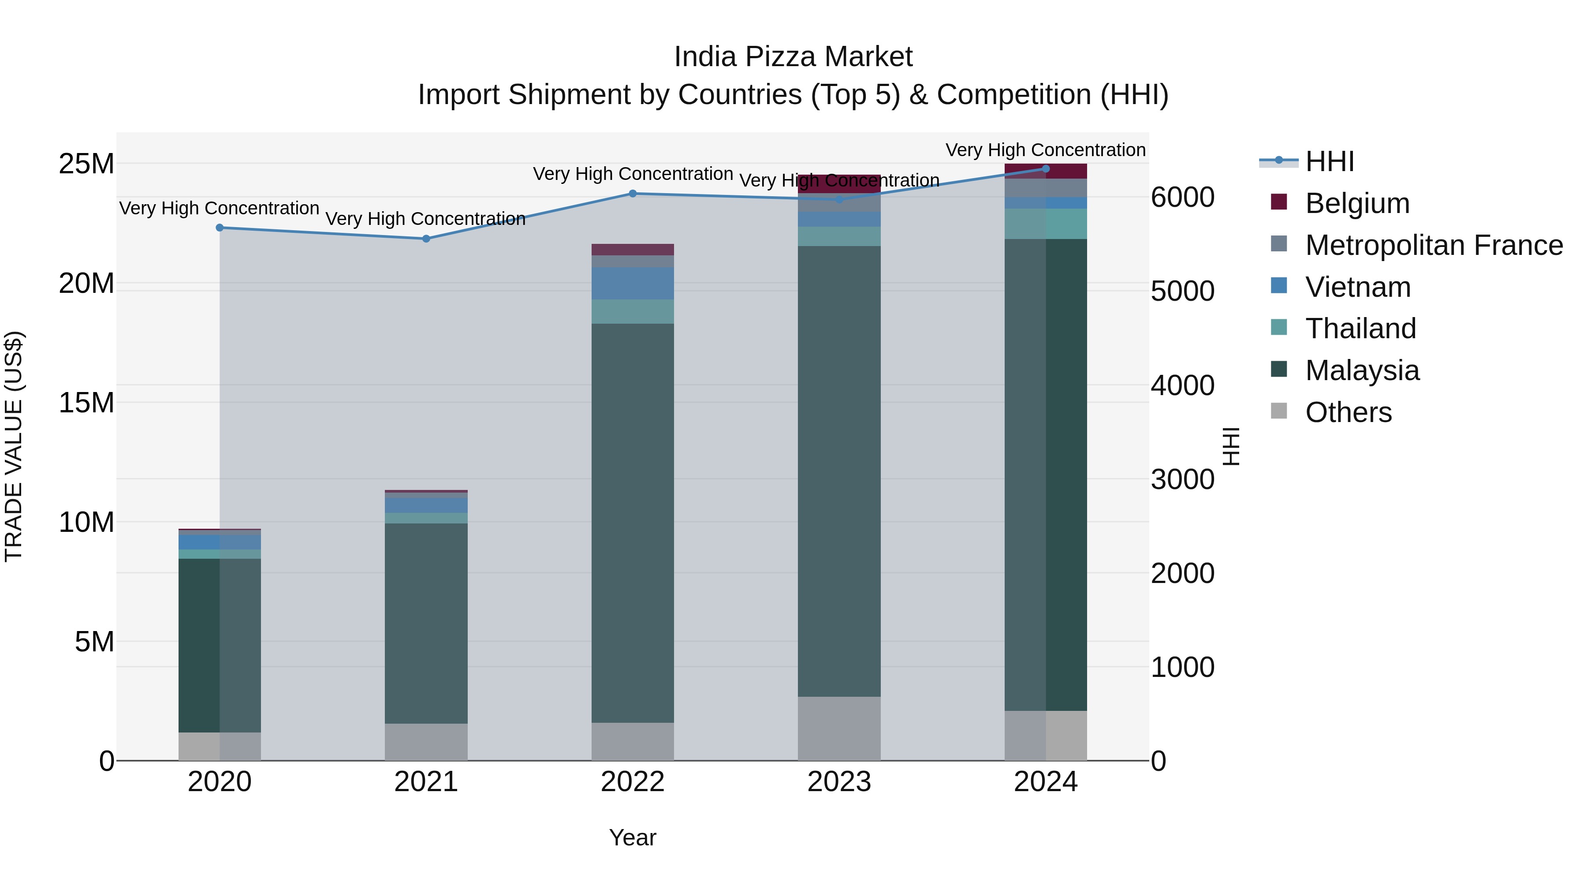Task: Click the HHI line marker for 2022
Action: (x=633, y=194)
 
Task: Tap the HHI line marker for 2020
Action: (x=220, y=228)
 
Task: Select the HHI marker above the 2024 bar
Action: (x=1046, y=168)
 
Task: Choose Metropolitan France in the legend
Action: (x=1434, y=245)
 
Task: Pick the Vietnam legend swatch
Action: (x=1279, y=286)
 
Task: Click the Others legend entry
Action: (x=1348, y=412)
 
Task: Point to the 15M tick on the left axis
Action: (x=86, y=403)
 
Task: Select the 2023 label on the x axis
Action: (x=839, y=782)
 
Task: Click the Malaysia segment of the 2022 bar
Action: (x=633, y=524)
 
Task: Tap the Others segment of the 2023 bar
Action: (x=839, y=729)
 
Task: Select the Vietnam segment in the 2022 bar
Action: (x=633, y=284)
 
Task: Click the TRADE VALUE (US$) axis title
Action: (x=14, y=446)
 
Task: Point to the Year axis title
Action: (x=633, y=837)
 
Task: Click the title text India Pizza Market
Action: (x=793, y=57)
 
